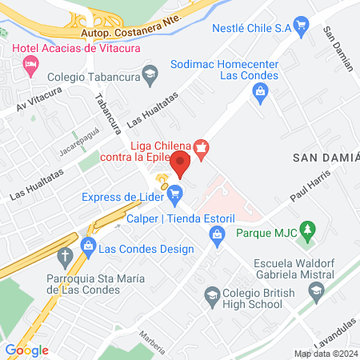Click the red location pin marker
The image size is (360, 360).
click(180, 164)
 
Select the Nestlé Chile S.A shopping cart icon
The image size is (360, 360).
click(302, 28)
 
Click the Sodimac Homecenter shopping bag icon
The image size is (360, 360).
click(260, 93)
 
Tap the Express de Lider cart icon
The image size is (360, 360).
click(175, 193)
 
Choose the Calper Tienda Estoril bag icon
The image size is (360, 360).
click(215, 234)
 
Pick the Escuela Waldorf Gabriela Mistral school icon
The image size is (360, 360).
click(318, 290)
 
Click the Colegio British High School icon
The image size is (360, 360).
click(212, 295)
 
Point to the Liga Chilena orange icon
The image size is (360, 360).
click(202, 146)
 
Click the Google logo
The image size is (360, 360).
click(26, 350)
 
